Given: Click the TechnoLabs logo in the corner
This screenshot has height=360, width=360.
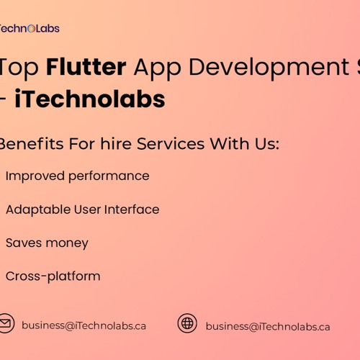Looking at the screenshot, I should click(x=29, y=29).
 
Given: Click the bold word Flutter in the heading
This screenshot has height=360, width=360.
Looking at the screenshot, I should click(x=86, y=67).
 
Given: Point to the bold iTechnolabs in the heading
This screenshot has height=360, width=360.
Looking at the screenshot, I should click(x=89, y=99).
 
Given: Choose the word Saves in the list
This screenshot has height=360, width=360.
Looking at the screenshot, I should click(x=23, y=243).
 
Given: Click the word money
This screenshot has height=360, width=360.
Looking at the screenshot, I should click(x=66, y=243).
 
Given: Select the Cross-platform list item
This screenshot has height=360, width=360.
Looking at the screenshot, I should click(x=53, y=276).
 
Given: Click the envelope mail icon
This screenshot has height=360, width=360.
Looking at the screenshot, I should click(x=6, y=324).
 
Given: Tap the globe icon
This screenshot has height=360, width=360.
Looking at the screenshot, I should click(x=187, y=323).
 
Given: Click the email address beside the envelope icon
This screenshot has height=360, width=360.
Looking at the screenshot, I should click(x=84, y=325).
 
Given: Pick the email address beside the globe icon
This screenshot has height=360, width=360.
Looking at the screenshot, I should click(x=268, y=326).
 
